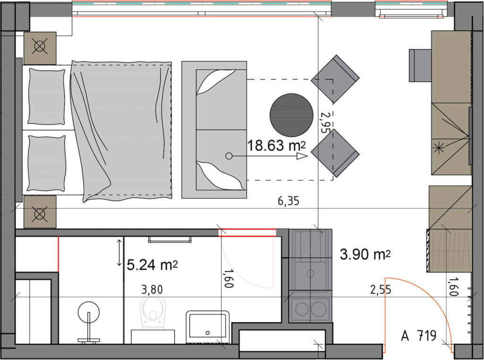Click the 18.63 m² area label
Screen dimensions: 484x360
(x=277, y=145)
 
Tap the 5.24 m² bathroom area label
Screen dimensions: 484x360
(x=152, y=265)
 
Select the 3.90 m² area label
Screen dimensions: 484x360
(x=365, y=255)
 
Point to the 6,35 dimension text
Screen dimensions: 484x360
(x=289, y=202)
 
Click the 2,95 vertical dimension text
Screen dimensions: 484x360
(x=324, y=122)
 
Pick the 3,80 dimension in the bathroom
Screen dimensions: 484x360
(x=152, y=290)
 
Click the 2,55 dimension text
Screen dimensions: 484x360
(x=380, y=290)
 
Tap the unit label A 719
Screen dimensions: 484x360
(x=419, y=335)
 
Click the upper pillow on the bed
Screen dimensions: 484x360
(x=47, y=97)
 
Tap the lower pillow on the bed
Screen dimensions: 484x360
(x=47, y=163)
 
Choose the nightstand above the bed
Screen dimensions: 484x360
(x=40, y=48)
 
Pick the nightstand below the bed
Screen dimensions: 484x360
(x=40, y=212)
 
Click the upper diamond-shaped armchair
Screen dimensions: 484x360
(x=335, y=79)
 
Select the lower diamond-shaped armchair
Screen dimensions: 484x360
(x=335, y=153)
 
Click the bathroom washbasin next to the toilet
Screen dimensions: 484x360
(x=208, y=327)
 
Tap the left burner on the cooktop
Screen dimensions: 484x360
(x=302, y=308)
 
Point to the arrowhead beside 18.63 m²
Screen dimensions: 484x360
(x=302, y=157)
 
